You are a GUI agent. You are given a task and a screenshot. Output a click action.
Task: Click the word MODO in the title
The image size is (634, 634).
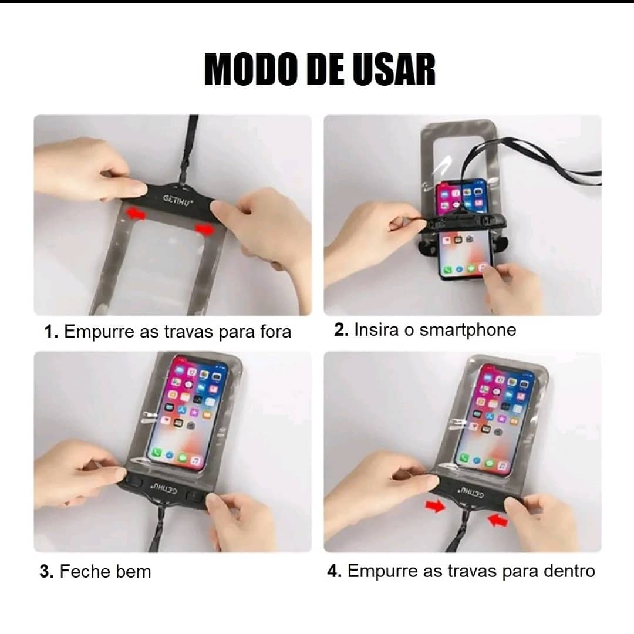[x=249, y=69]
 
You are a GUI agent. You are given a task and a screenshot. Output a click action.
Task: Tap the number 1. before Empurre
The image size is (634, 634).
[x=51, y=332]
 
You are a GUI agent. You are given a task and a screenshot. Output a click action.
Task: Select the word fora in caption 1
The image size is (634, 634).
[x=275, y=332]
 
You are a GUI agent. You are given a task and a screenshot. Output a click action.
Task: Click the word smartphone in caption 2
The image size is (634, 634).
[x=467, y=331]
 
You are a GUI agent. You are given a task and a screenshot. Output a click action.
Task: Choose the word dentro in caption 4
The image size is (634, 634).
[x=569, y=571]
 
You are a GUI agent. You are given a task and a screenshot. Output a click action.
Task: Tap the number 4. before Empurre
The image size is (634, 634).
[x=335, y=571]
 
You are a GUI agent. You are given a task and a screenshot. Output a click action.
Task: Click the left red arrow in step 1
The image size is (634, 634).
[x=136, y=214]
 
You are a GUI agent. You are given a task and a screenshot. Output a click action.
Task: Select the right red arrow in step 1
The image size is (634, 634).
[x=205, y=230]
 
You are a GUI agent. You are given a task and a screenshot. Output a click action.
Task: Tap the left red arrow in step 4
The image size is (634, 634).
[x=434, y=506]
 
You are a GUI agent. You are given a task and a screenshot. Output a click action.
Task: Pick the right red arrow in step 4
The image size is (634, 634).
[x=498, y=520]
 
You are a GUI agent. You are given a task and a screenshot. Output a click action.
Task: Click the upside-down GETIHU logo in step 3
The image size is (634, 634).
[x=164, y=487]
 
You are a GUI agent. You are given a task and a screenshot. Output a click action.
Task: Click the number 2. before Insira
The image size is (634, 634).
[x=341, y=329]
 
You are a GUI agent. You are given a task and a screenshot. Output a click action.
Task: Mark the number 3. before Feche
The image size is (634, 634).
[x=47, y=572]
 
